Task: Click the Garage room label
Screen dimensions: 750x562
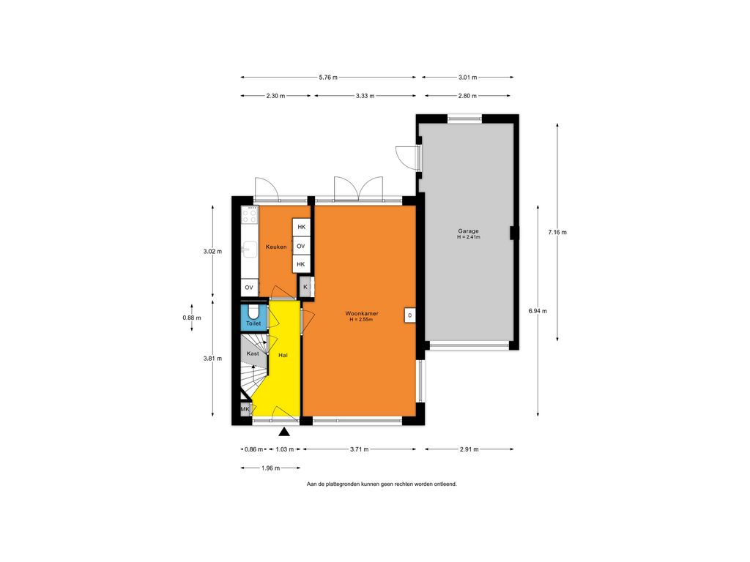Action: [x=468, y=231]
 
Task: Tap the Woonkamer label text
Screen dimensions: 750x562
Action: [x=362, y=313]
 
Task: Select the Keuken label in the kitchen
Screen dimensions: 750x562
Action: [x=276, y=247]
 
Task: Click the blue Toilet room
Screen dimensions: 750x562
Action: [x=253, y=316]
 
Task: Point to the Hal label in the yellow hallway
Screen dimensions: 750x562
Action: [x=283, y=355]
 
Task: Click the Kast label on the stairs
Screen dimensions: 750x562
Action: [x=253, y=353]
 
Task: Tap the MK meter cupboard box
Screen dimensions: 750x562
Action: [x=245, y=409]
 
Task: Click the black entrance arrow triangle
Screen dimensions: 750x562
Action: [x=285, y=432]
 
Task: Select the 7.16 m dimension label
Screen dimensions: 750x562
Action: [x=557, y=232]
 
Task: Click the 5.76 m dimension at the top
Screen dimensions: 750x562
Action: [x=328, y=77]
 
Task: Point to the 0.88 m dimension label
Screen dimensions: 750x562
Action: [x=192, y=318]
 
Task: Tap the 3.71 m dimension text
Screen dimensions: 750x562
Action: [x=359, y=449]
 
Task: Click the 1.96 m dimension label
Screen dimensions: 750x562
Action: [x=271, y=468]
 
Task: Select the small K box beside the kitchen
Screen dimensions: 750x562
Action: [x=305, y=287]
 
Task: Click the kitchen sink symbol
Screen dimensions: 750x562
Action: [x=249, y=249]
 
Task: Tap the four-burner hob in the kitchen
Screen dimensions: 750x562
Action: [x=249, y=216]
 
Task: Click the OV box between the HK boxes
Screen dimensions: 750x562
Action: [x=300, y=246]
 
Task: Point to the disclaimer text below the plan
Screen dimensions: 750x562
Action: [x=382, y=484]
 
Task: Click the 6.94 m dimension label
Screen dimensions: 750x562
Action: [x=538, y=310]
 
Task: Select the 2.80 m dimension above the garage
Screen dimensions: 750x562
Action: [x=467, y=96]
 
